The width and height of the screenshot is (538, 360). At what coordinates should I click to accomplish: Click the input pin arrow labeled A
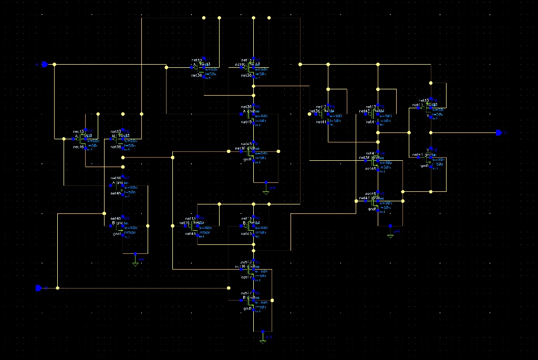point(45,64)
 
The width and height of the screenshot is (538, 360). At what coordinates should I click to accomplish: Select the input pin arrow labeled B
point(38,288)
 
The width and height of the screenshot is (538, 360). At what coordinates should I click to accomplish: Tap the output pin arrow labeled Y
point(498,132)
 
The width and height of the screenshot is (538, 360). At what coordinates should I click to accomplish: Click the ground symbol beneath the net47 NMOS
point(263,341)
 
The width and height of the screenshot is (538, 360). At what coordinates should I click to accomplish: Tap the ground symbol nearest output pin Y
point(390,235)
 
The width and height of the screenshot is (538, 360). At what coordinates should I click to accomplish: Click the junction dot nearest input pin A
point(55,64)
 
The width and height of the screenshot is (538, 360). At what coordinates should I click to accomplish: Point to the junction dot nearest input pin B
point(57,288)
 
